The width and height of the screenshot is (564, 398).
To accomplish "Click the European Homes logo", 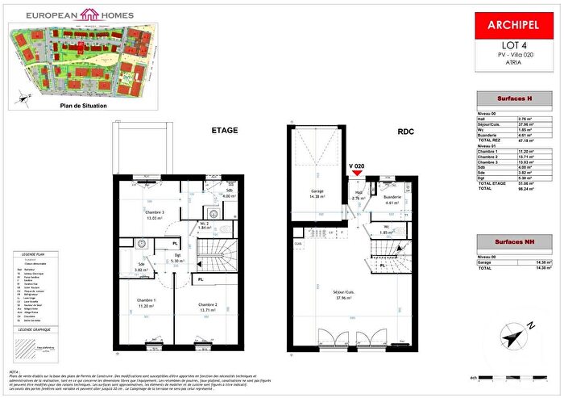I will pyautogui.click(x=70, y=14).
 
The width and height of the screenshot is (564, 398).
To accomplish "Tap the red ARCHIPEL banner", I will pyautogui.click(x=510, y=24).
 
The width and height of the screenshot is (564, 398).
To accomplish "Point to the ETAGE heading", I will pyautogui.click(x=226, y=129).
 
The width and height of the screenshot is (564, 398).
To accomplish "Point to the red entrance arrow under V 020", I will pyautogui.click(x=358, y=174).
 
